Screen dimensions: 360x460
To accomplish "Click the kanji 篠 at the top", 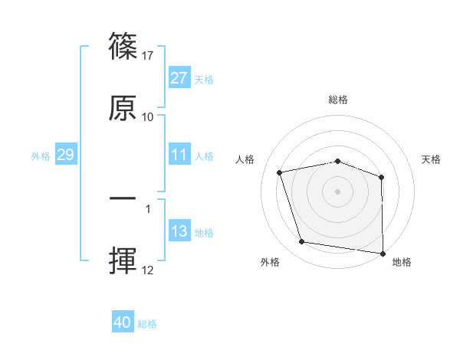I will (x=123, y=47).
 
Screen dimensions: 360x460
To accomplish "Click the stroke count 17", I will (x=149, y=56).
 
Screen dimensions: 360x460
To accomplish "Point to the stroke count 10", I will (x=148, y=117).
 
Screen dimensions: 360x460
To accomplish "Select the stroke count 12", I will (x=148, y=270).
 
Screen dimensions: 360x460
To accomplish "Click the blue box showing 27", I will (x=179, y=78).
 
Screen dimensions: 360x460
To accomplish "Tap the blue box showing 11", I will (x=179, y=155).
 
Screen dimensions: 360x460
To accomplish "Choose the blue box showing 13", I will (x=179, y=231).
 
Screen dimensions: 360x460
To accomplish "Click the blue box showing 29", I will (x=65, y=155).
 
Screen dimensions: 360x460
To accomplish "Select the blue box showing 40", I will (x=123, y=322).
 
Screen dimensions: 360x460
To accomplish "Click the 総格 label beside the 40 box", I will (x=147, y=324).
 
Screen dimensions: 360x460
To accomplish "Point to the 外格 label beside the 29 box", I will (x=41, y=155).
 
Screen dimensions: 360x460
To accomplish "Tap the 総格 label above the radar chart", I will (x=338, y=100).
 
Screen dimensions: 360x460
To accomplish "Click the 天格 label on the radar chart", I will (x=432, y=159).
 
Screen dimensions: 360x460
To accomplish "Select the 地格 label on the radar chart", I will (x=402, y=262).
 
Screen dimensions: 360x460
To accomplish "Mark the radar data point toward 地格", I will (x=383, y=253).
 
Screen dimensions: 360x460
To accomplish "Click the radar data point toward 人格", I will (x=280, y=172).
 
